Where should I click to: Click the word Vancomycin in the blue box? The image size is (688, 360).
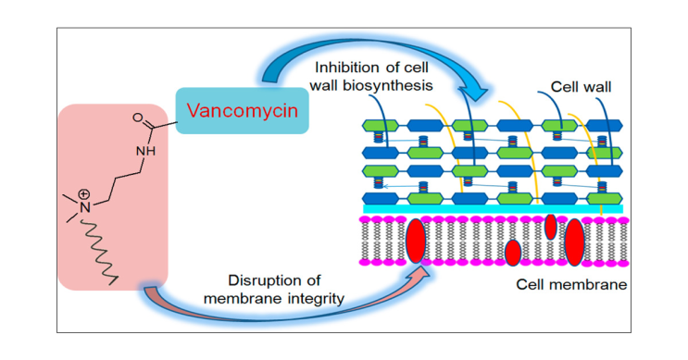(x=242, y=111)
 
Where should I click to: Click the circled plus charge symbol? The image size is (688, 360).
(x=84, y=194)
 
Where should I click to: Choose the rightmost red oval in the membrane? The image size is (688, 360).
(x=574, y=242)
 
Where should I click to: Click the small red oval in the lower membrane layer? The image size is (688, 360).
(x=512, y=252)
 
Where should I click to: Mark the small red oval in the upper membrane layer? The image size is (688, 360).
(x=550, y=226)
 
